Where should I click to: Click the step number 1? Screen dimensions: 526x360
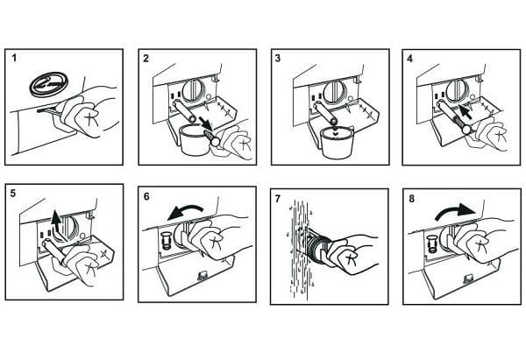[x=14, y=58]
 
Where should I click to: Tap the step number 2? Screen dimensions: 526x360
[x=146, y=59]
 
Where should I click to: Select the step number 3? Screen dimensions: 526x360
[x=278, y=58]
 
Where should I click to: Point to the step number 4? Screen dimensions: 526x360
[x=409, y=59]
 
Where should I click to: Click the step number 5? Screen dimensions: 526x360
[x=13, y=194]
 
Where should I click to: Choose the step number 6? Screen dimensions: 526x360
[x=146, y=196]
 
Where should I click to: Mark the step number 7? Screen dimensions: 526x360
[x=278, y=199]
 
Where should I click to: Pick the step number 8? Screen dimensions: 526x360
[x=412, y=199]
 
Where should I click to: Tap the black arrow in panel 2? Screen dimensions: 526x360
[x=206, y=124]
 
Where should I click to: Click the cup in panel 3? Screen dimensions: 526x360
[x=337, y=142]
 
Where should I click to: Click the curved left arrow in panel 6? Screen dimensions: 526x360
[x=185, y=213]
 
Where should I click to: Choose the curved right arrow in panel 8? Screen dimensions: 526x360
[x=455, y=211]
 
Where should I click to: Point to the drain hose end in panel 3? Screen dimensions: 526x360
[x=333, y=119]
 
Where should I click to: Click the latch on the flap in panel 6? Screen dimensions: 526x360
[x=203, y=276]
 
